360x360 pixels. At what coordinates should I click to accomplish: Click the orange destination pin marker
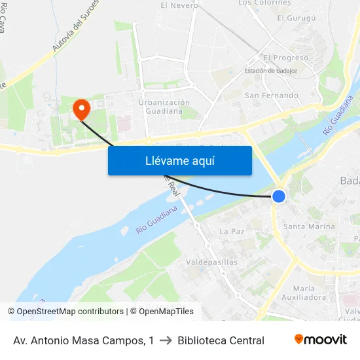(x=82, y=109)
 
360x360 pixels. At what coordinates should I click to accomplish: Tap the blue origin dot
(x=279, y=196)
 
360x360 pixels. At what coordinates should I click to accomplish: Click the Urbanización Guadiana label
(x=164, y=106)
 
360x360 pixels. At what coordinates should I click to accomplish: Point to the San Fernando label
(x=271, y=96)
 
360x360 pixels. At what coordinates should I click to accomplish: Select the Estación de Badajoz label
(x=271, y=71)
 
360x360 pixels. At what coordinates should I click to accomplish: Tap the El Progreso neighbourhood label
(x=285, y=58)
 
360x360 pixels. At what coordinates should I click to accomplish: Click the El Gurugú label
(x=297, y=18)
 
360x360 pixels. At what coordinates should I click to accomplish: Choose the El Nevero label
(x=179, y=5)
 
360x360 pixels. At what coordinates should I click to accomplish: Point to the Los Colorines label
(x=264, y=3)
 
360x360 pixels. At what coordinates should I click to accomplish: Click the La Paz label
(x=232, y=232)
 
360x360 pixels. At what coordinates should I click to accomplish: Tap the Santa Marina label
(x=308, y=226)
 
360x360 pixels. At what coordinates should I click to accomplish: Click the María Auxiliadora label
(x=309, y=293)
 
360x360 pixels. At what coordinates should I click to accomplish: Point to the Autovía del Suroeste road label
(x=76, y=26)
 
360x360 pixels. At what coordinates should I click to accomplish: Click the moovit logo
(x=320, y=340)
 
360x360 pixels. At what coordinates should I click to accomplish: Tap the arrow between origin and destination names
(x=166, y=340)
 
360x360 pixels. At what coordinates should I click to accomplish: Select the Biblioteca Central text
(x=221, y=340)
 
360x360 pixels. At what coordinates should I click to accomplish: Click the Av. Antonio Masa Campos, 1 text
(x=84, y=340)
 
